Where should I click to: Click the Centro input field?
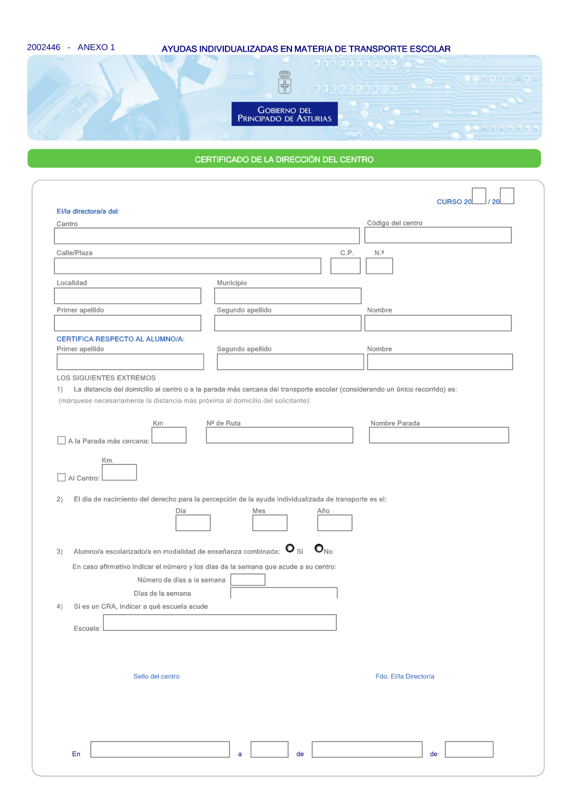tap(206, 236)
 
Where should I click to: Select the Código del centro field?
tap(438, 235)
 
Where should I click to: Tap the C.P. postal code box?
tap(345, 266)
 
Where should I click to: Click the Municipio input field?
tap(287, 296)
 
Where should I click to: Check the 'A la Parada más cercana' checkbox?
tap(61, 440)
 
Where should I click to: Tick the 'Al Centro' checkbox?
tap(61, 478)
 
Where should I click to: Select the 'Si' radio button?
tap(290, 548)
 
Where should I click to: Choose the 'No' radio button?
tap(319, 548)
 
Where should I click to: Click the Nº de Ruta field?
tap(280, 435)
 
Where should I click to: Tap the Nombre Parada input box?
tap(439, 435)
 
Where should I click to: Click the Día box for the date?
tap(193, 523)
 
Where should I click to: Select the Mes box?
tap(270, 523)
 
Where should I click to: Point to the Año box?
tap(335, 523)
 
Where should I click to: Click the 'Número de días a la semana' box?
tap(248, 580)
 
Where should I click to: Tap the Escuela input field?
tap(219, 622)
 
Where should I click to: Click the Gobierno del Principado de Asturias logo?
tap(285, 114)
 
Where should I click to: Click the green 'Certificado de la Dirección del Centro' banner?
tap(284, 159)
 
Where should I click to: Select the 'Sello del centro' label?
tap(156, 676)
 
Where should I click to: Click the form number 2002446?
tap(44, 47)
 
